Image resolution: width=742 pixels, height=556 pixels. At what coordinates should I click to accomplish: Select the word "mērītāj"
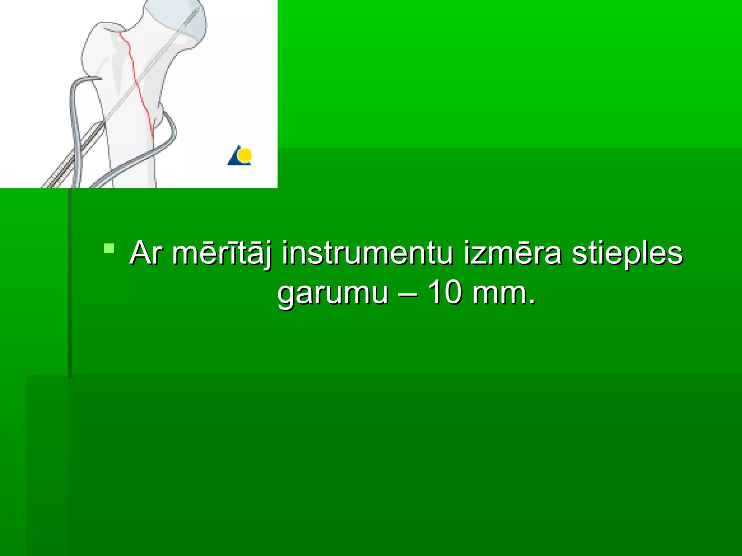222,253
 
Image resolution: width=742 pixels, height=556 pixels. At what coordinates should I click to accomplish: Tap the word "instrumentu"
367,253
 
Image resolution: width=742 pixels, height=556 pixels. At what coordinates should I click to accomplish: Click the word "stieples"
627,253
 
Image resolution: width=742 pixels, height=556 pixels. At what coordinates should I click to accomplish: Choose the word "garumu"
333,293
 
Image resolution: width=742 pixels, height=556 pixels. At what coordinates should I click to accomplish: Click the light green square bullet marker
109,248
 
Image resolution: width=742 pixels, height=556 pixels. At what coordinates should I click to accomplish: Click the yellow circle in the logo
246,155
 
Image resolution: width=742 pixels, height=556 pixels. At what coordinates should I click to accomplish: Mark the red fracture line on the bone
138,87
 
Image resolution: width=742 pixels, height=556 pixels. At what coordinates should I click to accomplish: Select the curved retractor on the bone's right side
159,145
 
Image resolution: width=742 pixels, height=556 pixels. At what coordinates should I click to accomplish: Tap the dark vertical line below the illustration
70,282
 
